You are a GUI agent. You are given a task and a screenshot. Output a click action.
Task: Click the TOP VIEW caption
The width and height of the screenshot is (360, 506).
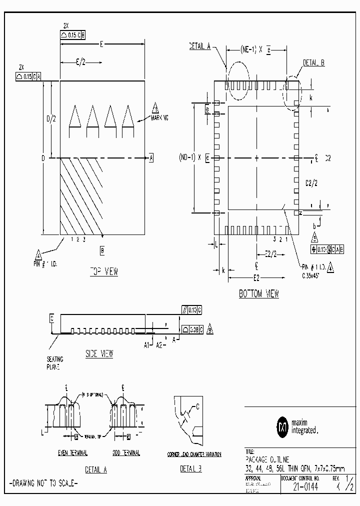(x=103, y=271)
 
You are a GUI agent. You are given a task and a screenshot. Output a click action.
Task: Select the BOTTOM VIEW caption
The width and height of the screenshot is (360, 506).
(x=258, y=294)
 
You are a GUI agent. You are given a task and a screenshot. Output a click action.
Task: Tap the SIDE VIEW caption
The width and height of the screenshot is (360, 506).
(x=99, y=353)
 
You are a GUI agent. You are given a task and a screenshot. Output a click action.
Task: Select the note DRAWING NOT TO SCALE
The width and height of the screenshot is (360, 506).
(x=43, y=483)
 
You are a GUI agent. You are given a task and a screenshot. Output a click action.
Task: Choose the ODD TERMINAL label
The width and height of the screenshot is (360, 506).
(x=125, y=453)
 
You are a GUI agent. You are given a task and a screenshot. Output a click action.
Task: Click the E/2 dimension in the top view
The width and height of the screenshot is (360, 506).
(x=80, y=62)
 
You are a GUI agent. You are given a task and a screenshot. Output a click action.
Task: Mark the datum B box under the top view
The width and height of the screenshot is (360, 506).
(x=102, y=249)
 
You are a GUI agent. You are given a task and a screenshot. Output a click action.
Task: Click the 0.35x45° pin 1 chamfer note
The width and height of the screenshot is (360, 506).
(x=313, y=274)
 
